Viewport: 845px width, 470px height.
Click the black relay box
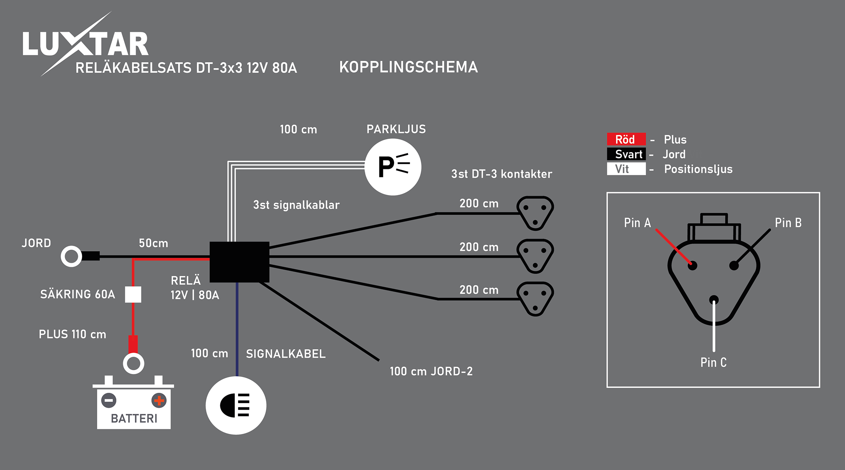tap(239, 262)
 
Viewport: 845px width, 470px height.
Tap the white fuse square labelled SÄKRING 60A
tap(133, 295)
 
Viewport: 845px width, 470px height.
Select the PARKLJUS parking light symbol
tap(393, 167)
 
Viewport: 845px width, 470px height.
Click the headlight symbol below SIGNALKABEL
tap(236, 405)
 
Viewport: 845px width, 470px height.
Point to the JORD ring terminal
tap(71, 256)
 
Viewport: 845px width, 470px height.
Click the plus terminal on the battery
tap(159, 400)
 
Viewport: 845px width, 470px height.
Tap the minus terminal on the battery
tap(109, 400)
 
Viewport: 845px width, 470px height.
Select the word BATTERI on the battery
tap(134, 418)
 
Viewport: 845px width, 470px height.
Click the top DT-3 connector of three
tap(535, 213)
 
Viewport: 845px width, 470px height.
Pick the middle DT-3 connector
tap(535, 256)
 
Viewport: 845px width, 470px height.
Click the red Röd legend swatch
tap(626, 139)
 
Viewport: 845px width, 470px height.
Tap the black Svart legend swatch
tap(626, 154)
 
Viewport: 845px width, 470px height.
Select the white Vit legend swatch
tap(626, 169)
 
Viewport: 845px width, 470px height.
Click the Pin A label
tap(637, 223)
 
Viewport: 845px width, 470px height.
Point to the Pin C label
tap(713, 362)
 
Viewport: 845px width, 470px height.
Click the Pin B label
tap(788, 223)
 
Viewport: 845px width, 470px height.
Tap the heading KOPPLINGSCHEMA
tap(408, 67)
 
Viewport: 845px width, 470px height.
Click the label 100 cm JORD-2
tap(431, 371)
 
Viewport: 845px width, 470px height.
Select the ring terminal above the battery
tap(133, 363)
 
